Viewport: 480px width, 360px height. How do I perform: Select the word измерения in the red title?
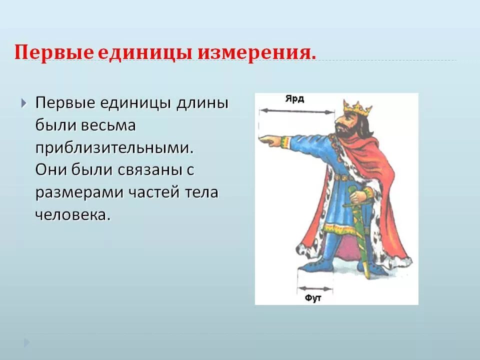pos(256,52)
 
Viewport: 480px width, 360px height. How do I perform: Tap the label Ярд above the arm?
pos(295,99)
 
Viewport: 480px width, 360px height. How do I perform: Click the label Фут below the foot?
pos(313,298)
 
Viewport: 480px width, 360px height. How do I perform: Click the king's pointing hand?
pos(270,141)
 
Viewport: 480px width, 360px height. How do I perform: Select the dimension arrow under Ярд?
pos(296,111)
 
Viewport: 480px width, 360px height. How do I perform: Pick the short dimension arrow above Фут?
pos(314,288)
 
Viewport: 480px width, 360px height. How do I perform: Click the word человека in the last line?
pos(72,214)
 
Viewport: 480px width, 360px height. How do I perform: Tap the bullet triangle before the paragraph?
pos(24,103)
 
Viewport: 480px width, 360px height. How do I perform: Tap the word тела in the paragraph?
pos(201,192)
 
